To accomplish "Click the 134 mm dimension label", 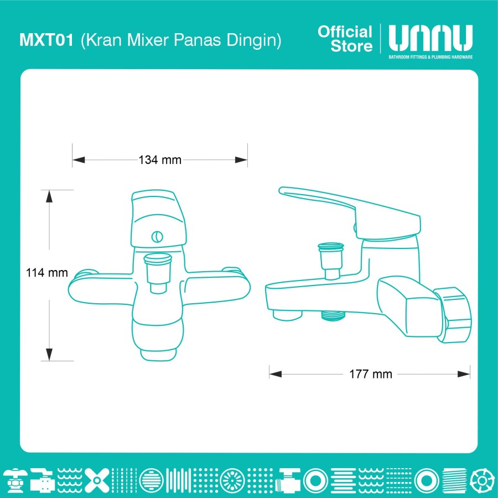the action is tap(160, 160).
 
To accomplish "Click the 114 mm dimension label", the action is tap(46, 273).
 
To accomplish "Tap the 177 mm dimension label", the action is tap(371, 374).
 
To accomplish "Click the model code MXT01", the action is tap(46, 40).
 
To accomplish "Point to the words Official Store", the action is tap(345, 39).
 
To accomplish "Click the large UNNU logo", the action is tap(430, 38).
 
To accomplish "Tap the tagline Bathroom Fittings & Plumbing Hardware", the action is tap(430, 57).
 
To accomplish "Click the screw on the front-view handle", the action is tap(157, 237).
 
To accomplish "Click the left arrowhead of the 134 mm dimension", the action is tap(79, 160).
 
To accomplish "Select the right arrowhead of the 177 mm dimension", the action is tap(464, 374).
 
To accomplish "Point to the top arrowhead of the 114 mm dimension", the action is tap(49, 196).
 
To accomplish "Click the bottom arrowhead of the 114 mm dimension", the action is tap(49, 355).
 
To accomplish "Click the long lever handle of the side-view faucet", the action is tap(349, 210).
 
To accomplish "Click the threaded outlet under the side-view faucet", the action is tap(333, 316).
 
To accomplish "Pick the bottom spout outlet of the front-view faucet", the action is tap(158, 355).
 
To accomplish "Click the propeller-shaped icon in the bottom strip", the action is tap(96, 480).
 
